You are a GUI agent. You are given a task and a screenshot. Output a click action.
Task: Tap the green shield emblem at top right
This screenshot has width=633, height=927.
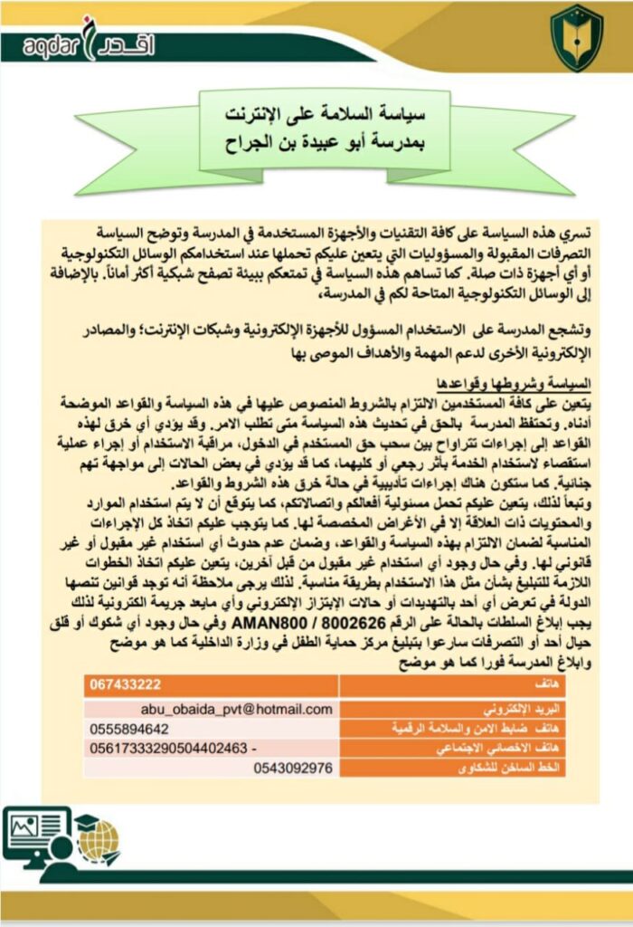(x=576, y=37)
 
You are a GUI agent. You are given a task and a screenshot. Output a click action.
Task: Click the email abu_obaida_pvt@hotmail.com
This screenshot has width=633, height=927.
(x=238, y=710)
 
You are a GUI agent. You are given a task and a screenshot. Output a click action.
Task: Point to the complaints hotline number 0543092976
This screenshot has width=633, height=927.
(x=295, y=768)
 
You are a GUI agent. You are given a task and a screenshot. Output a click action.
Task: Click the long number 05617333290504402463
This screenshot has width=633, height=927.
(x=167, y=749)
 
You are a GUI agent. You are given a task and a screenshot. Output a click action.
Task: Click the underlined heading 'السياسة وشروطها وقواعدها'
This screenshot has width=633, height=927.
(x=527, y=382)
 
